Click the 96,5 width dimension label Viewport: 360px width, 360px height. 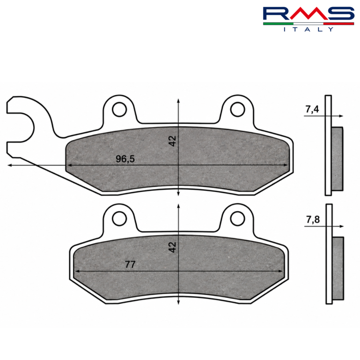click(125, 159)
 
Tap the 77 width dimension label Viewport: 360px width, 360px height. click(130, 264)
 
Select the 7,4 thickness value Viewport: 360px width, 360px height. click(312, 109)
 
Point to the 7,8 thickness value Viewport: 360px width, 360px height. click(313, 220)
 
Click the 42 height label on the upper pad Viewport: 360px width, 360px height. click(172, 141)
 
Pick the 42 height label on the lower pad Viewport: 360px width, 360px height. click(172, 247)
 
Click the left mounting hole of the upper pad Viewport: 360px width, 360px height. click(119, 110)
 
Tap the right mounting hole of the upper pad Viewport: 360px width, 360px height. click(237, 110)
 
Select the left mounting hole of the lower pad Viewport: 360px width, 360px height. click(119, 218)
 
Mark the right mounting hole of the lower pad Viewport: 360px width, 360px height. click(237, 218)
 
